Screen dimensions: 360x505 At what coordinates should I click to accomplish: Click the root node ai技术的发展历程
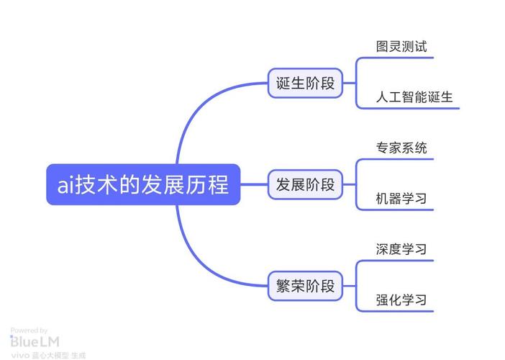[x=142, y=185]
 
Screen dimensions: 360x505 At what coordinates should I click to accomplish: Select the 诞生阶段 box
[x=306, y=83]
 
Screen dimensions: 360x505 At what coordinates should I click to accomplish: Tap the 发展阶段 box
[x=306, y=185]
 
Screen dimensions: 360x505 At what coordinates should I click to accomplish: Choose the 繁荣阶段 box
[x=306, y=286]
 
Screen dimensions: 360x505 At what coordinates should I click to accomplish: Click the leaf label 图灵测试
[x=401, y=47]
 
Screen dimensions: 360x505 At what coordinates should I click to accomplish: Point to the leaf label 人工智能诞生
[x=414, y=97]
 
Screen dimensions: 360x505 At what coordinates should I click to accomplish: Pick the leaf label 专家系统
[x=401, y=148]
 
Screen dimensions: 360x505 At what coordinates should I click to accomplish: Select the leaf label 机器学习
[x=401, y=199]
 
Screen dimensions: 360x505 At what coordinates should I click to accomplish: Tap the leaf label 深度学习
[x=401, y=249]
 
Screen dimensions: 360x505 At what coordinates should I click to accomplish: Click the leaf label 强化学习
[x=401, y=300]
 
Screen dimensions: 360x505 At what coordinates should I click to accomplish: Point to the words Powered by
[x=29, y=330]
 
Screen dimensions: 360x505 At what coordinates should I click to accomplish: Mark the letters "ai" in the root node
[x=65, y=186]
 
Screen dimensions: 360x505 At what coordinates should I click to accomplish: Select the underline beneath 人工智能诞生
[x=410, y=108]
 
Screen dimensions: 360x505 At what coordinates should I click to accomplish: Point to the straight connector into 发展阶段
[x=253, y=185]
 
